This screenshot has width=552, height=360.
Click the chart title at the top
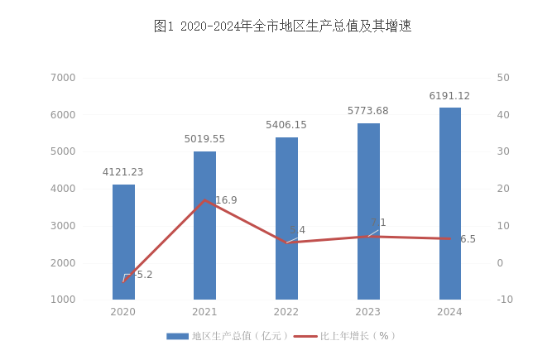(x=282, y=26)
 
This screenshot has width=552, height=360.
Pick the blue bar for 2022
(x=286, y=218)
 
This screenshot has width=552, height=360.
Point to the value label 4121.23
(x=123, y=172)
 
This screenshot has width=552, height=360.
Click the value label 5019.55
(x=204, y=139)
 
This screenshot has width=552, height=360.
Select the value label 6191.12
(x=449, y=96)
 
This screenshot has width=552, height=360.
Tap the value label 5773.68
(x=368, y=111)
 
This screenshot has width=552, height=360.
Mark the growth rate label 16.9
(x=226, y=200)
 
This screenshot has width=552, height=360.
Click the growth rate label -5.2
(x=143, y=275)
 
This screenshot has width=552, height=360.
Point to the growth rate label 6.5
(x=468, y=239)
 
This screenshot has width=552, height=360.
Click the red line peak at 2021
(x=204, y=200)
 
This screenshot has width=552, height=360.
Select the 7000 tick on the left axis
(x=63, y=78)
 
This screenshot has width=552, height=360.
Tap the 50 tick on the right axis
(x=502, y=78)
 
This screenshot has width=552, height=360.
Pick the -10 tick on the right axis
(x=504, y=300)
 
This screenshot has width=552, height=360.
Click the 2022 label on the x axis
(x=286, y=312)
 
